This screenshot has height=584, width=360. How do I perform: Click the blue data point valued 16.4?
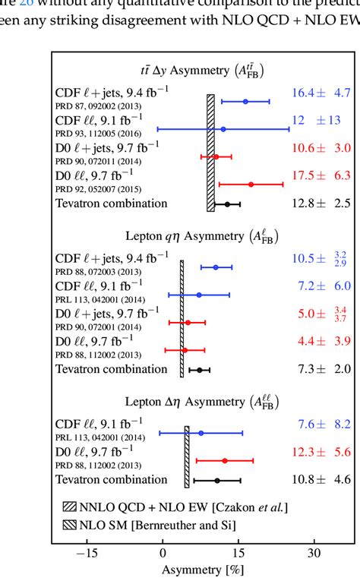pyautogui.click(x=245, y=101)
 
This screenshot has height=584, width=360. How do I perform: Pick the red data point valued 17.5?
pyautogui.click(x=251, y=184)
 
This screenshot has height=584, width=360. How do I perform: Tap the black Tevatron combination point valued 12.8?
pyautogui.click(x=227, y=204)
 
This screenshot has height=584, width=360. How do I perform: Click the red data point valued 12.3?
pyautogui.click(x=225, y=460)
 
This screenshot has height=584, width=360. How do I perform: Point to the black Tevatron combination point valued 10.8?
pyautogui.click(x=217, y=480)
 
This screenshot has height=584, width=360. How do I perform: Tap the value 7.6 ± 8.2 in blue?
pyautogui.click(x=321, y=425)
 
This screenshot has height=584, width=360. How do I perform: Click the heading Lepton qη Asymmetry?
pyautogui.click(x=201, y=238)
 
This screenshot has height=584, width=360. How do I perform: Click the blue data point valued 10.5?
pyautogui.click(x=216, y=267)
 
